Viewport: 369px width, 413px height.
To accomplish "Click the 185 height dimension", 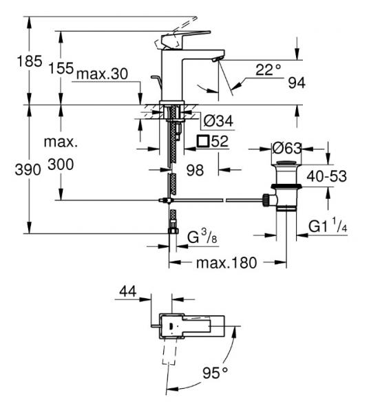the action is point(30,61).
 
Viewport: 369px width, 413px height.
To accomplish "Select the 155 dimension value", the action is point(61,68).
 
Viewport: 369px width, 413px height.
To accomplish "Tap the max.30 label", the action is point(102,74).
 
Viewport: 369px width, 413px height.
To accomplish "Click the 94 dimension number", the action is point(297,83).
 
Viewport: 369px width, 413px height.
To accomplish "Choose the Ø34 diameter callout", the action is point(219,121).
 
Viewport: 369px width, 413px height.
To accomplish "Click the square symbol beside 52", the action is point(203,141).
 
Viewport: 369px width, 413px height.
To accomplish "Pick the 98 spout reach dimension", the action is point(195,170).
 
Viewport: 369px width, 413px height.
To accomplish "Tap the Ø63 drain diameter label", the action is point(287,148).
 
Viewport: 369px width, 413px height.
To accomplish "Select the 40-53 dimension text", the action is point(326,176).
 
